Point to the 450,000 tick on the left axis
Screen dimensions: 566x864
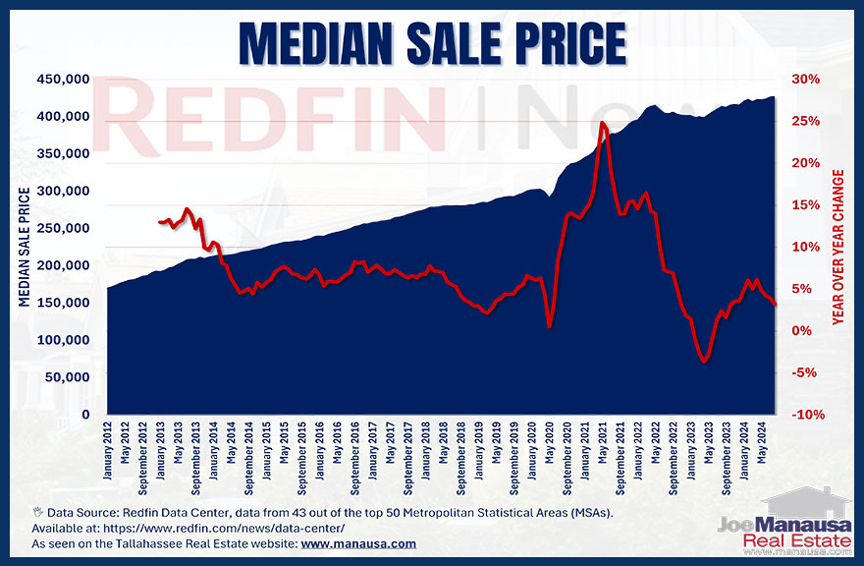pos(64,80)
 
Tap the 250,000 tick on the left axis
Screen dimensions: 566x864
pos(64,228)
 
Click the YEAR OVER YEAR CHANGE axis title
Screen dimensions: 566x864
pos(837,247)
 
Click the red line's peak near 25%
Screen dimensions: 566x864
pos(602,123)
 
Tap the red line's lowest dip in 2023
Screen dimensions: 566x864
pos(704,362)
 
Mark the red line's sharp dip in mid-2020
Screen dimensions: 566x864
pos(550,326)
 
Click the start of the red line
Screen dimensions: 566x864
pos(159,222)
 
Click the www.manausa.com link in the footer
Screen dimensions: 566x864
pos(362,543)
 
